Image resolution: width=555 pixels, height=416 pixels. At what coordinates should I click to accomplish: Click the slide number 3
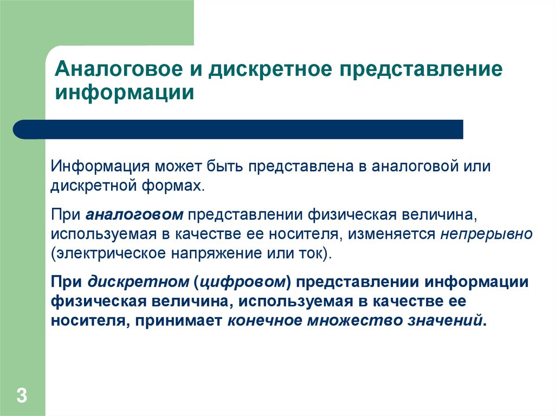pos(22,395)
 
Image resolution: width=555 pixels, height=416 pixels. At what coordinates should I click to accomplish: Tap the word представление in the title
pos(421,70)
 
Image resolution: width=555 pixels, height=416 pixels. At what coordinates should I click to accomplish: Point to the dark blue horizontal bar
pos(238,129)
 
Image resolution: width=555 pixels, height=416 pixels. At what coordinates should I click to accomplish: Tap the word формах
pos(173,186)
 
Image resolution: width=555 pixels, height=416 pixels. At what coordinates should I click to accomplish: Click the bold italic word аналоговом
pos(134,215)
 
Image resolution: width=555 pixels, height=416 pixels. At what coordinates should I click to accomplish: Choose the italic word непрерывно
pos(486,234)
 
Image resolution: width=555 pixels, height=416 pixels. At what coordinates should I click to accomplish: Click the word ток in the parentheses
pos(310,254)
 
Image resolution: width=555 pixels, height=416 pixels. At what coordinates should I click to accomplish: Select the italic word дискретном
pos(138,282)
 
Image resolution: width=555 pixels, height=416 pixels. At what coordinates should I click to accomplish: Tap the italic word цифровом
pos(242,283)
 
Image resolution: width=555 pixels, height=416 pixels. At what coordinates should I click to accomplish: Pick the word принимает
pos(178,321)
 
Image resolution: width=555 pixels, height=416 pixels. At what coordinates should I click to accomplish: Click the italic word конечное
pos(264,321)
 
